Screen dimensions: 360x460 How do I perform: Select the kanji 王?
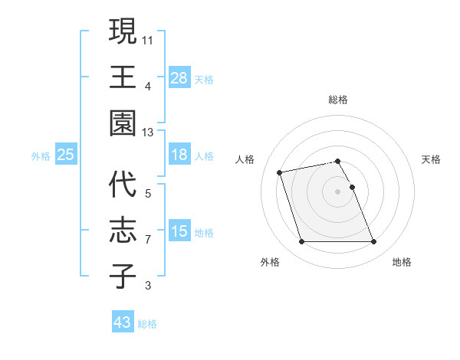point(122,77)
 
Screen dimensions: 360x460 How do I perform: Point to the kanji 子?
point(122,276)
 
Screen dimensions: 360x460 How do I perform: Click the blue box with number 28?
point(179,77)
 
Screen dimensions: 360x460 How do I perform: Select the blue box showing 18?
point(179,155)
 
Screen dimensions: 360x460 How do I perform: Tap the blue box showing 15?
point(179,231)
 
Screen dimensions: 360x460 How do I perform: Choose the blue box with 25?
point(65,155)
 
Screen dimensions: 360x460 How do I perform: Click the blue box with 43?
point(122,322)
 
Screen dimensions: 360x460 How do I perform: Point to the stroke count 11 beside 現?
point(148,39)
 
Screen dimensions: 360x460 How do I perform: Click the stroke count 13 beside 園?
point(148,133)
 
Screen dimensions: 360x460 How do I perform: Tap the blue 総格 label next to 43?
point(147,324)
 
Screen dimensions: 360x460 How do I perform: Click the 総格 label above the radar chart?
point(337,100)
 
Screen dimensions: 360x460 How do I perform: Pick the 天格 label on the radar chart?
point(431,159)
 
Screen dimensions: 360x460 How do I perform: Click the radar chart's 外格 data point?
point(301,242)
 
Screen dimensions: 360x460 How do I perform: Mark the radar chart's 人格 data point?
point(280,172)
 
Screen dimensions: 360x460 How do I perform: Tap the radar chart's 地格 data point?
point(373,242)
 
